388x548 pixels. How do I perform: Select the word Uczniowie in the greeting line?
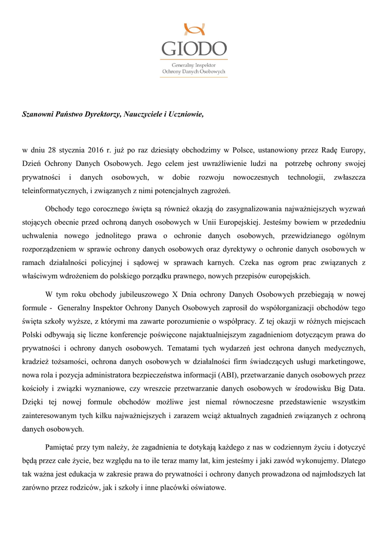[x=186, y=114]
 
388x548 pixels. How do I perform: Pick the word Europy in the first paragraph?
[x=353, y=148]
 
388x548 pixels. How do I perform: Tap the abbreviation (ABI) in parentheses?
[x=239, y=378]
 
